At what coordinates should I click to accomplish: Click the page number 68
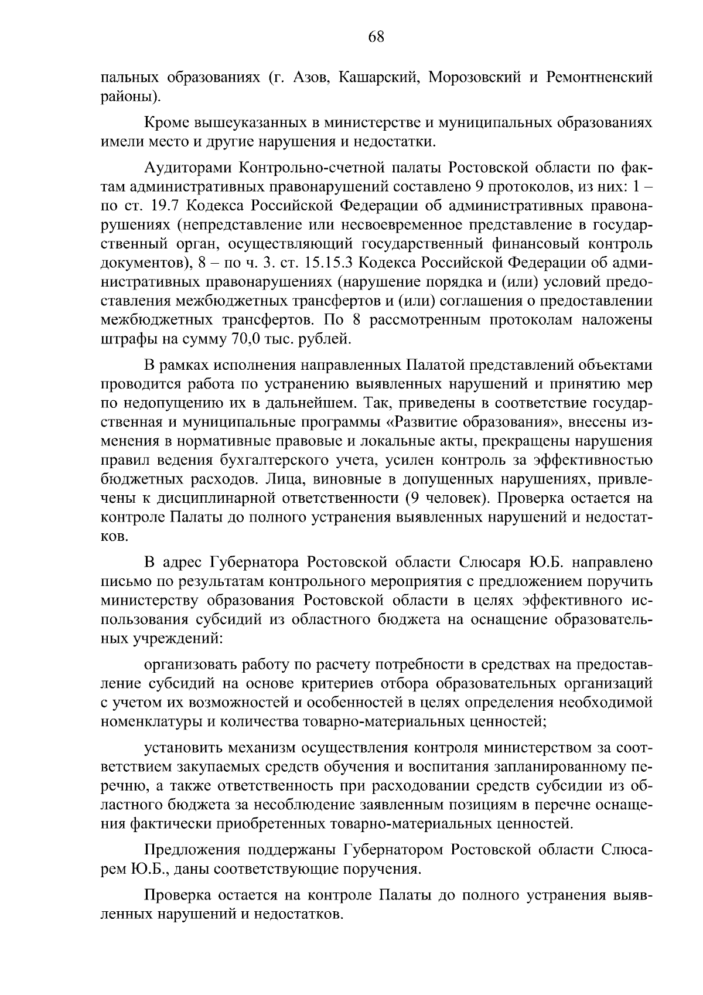point(376,37)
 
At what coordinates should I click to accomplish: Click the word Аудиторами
point(185,169)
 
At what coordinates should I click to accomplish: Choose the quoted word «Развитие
point(425,422)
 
